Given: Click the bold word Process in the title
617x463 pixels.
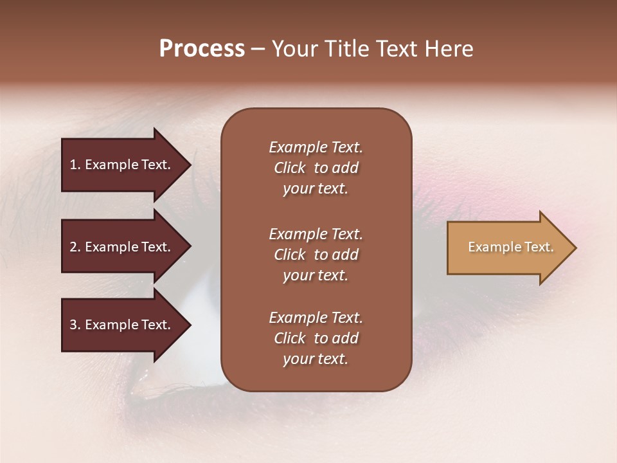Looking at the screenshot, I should pos(202,49).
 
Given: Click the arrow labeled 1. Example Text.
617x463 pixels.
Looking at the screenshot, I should pos(122,165).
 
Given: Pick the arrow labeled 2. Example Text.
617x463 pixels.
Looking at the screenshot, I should pos(122,247).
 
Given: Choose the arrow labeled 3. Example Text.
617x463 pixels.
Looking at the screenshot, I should pos(122,325).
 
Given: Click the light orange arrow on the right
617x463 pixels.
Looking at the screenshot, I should pos(501,248).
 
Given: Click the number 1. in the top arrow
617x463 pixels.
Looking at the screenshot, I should pos(75,165).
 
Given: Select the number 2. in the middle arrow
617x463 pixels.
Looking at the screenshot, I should pos(75,247).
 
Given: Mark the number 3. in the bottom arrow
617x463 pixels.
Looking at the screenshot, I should pos(75,325).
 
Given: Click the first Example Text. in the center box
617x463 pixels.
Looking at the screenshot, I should pos(316,147).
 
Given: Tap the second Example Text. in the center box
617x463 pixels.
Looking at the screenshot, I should pos(316,234).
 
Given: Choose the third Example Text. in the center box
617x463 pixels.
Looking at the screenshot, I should pos(316,318).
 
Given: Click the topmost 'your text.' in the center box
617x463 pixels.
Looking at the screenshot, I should pos(316,189).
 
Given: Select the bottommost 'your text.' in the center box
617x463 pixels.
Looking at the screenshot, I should pos(316,359).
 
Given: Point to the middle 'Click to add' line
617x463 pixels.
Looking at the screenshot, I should pos(316,255).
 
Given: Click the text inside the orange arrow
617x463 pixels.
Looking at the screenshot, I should pos(510,247).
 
